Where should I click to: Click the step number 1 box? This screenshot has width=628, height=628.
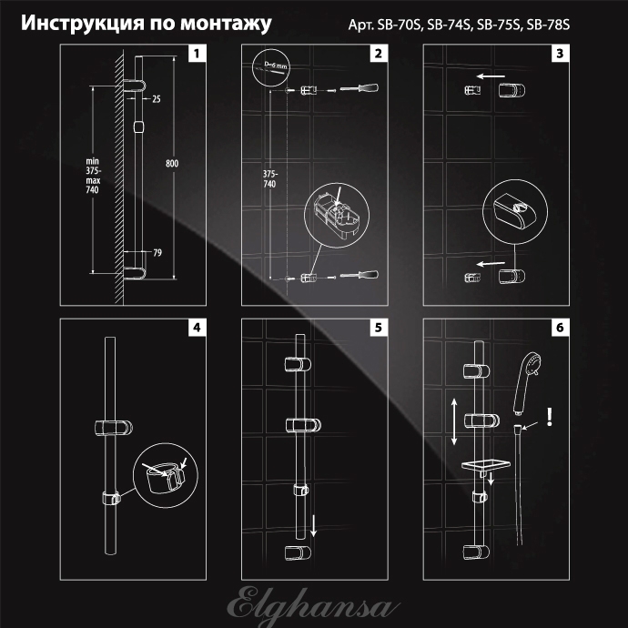click(x=198, y=54)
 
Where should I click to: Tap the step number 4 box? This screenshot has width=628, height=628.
click(x=198, y=328)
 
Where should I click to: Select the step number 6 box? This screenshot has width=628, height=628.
click(x=560, y=328)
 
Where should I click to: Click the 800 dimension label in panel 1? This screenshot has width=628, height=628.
click(x=172, y=164)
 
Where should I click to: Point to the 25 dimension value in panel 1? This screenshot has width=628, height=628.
click(x=157, y=99)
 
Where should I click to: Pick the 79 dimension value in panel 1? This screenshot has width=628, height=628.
click(x=157, y=253)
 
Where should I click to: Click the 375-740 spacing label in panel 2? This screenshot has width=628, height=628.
click(x=270, y=179)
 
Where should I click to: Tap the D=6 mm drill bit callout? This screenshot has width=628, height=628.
click(x=270, y=67)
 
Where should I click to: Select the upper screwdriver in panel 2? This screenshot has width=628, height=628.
click(x=360, y=88)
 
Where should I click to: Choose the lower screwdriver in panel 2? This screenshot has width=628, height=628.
click(x=360, y=275)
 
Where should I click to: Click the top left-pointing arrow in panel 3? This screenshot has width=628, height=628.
click(x=491, y=76)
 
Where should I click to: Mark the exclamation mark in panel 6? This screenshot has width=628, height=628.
click(x=550, y=417)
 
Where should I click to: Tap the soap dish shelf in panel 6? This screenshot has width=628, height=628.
click(x=485, y=466)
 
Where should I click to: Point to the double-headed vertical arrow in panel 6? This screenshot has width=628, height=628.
click(x=454, y=421)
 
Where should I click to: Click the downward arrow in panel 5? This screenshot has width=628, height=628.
click(x=314, y=526)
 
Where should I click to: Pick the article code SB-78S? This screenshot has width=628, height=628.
click(x=548, y=25)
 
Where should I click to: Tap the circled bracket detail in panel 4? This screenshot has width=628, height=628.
click(x=165, y=475)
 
